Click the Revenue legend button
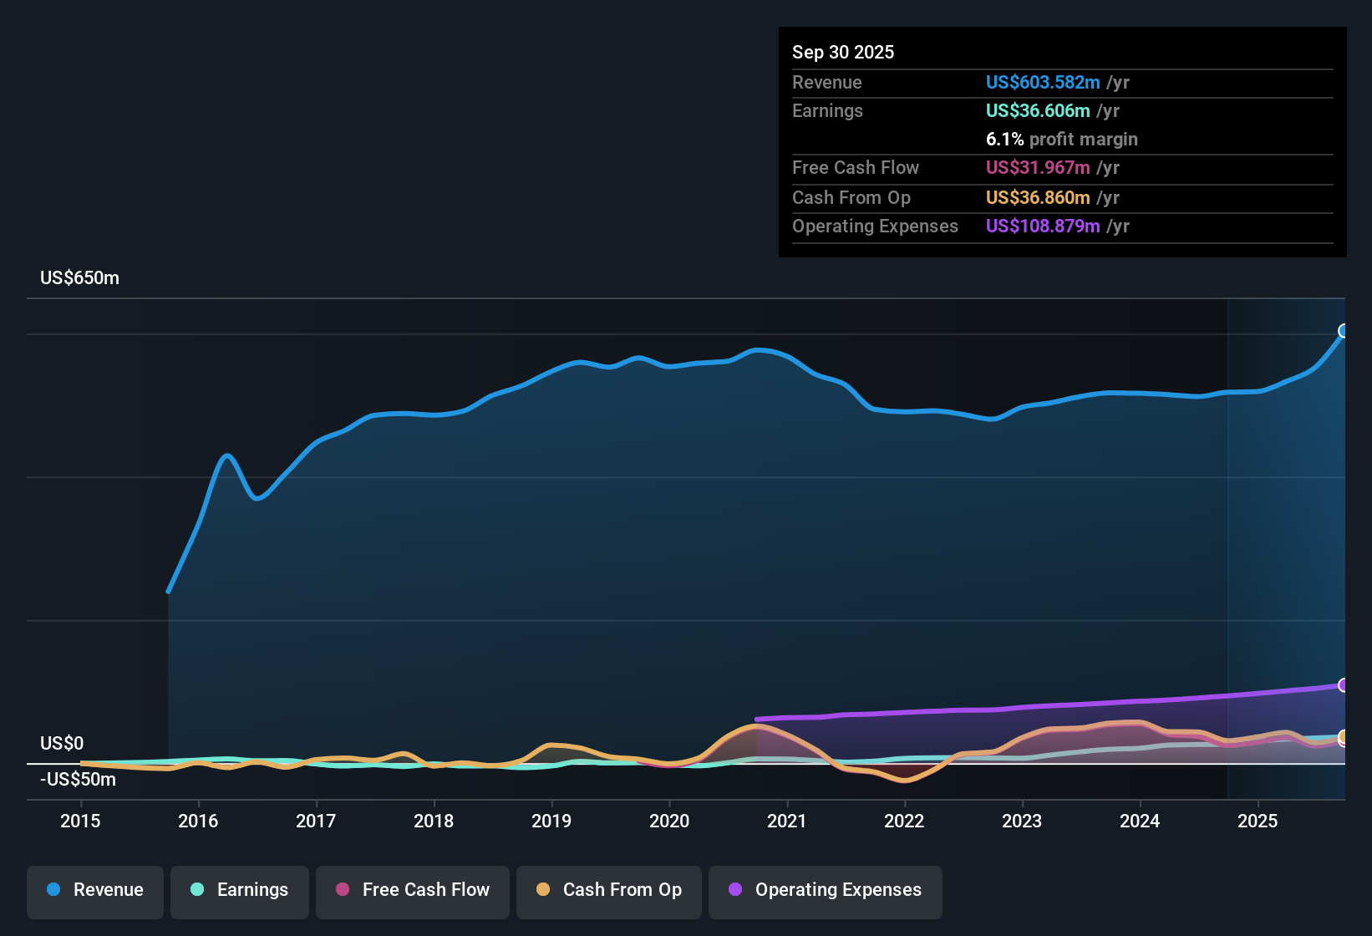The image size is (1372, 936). point(95,890)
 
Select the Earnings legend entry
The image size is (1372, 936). point(240,890)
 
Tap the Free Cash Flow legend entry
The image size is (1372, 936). point(413,890)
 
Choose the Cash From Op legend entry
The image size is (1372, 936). point(609,890)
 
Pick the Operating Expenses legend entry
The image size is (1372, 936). point(826,890)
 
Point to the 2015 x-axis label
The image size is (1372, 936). point(80,821)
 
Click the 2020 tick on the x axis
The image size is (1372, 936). point(669,821)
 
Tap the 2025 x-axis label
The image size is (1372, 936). point(1258,821)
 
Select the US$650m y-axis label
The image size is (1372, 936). point(79,278)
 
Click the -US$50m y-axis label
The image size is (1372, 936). point(78,780)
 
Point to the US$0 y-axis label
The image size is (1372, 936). point(62,744)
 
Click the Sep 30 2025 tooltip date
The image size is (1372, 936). point(843,52)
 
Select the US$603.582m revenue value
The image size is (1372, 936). point(1043,82)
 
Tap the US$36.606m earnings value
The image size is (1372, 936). point(1038,110)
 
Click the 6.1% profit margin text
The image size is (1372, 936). point(1061,139)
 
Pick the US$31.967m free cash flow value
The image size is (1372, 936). point(1038,167)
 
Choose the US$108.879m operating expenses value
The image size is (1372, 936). point(1043,226)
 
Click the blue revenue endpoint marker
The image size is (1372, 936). point(1343,331)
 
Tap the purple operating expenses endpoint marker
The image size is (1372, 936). point(1343,685)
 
